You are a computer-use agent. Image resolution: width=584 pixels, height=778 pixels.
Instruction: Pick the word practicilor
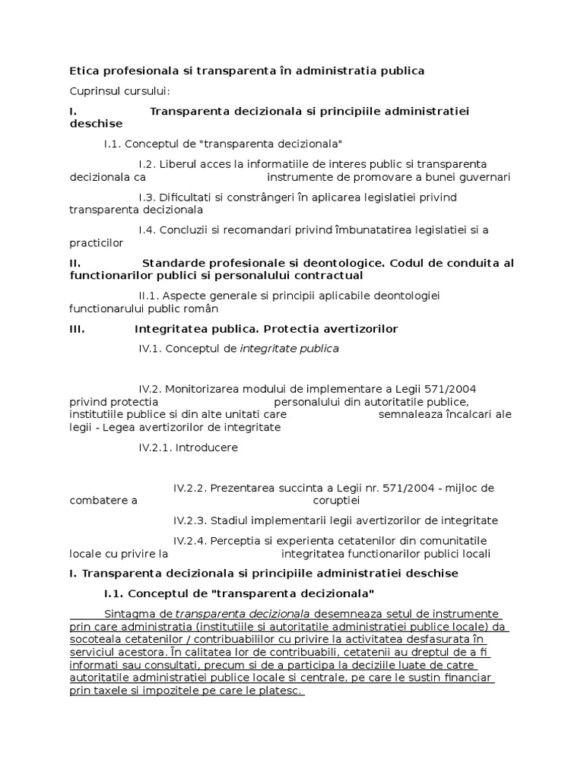point(96,243)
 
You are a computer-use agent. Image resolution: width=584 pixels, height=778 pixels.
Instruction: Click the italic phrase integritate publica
point(290,349)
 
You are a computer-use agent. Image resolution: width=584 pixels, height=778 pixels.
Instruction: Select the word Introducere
point(206,448)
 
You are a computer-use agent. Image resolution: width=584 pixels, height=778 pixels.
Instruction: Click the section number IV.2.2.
point(190,488)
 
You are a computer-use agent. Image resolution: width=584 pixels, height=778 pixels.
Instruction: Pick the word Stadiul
point(230,520)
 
